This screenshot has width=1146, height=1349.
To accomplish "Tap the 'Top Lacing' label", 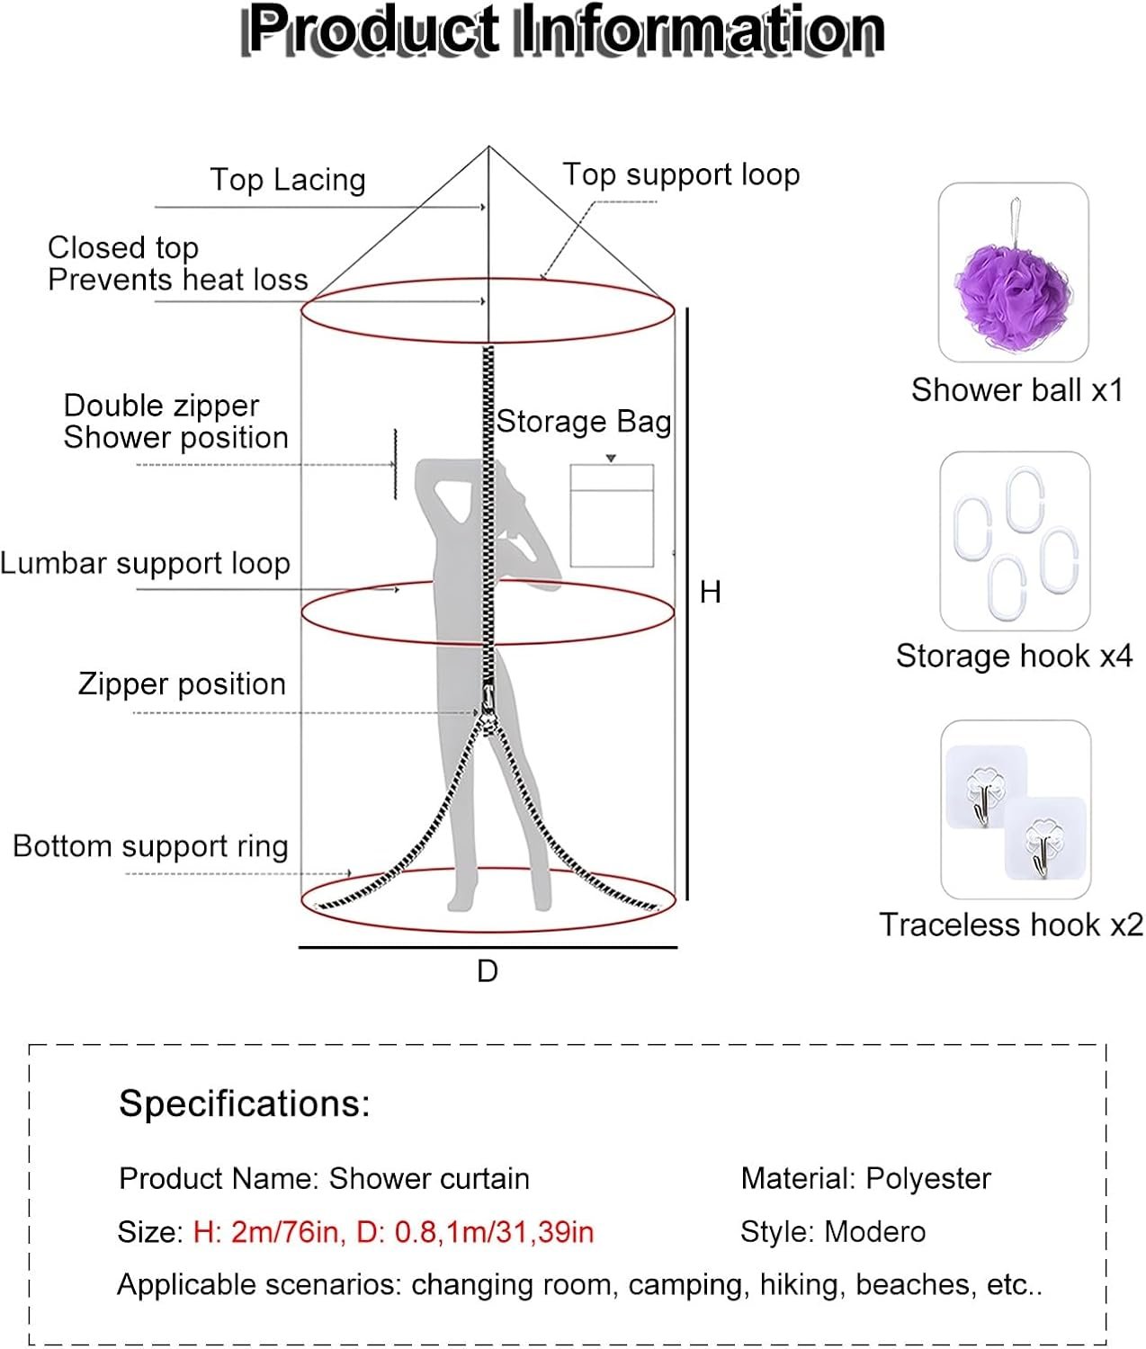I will pyautogui.click(x=288, y=180).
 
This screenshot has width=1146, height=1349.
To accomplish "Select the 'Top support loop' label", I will pyautogui.click(x=681, y=174).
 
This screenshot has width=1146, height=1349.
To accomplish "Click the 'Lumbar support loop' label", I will pyautogui.click(x=145, y=564).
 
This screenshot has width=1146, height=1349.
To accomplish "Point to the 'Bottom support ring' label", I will pyautogui.click(x=150, y=846).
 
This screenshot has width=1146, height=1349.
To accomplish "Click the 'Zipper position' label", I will pyautogui.click(x=182, y=684).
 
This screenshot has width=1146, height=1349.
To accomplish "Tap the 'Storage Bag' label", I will pyautogui.click(x=584, y=422).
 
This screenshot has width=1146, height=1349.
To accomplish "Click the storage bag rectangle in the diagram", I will pyautogui.click(x=612, y=516).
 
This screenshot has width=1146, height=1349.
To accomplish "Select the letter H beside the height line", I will pyautogui.click(x=711, y=592).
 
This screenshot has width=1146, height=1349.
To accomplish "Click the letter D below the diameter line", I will pyautogui.click(x=487, y=971).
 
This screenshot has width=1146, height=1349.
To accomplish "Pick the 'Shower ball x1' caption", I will pyautogui.click(x=1016, y=390).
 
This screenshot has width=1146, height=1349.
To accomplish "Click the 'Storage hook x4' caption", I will pyautogui.click(x=1014, y=657).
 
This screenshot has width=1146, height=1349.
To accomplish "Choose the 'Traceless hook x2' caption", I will pyautogui.click(x=1011, y=925).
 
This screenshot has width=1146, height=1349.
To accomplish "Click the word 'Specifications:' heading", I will pyautogui.click(x=245, y=1103).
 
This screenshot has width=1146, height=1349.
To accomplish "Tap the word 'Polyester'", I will pyautogui.click(x=927, y=1179).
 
